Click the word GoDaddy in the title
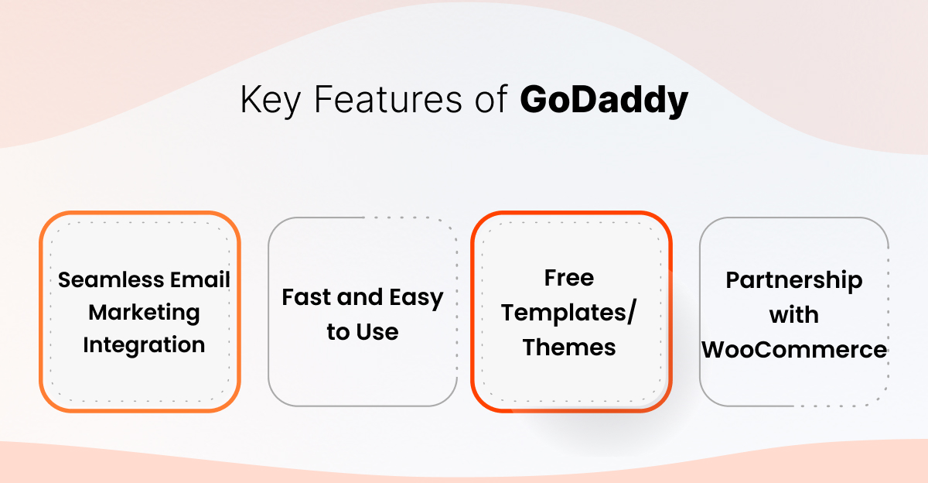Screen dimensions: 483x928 (603, 101)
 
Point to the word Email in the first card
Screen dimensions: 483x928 (200, 279)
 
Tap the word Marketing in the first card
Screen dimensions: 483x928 (144, 313)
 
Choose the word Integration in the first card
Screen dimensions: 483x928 (144, 345)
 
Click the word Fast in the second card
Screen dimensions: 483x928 (301, 298)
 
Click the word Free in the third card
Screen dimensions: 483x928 (569, 278)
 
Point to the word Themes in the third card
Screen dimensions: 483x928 (569, 348)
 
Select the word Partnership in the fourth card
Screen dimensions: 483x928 (793, 280)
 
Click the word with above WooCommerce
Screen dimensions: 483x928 (793, 314)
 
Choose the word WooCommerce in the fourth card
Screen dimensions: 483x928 (793, 349)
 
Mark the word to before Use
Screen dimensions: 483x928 (339, 333)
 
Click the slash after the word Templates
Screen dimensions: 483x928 (632, 313)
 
